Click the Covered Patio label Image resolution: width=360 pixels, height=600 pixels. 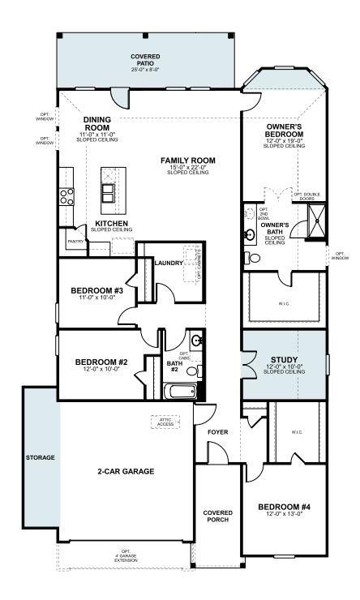[145, 58]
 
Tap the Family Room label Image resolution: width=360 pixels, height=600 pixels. [186, 161]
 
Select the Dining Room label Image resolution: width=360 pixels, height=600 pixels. [96, 124]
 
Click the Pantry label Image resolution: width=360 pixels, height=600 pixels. [75, 241]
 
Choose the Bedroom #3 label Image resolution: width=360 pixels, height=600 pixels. [96, 290]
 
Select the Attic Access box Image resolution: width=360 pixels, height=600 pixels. [166, 422]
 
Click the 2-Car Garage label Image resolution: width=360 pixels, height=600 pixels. [126, 470]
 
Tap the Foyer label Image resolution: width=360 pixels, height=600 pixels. [217, 432]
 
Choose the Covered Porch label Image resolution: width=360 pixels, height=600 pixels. [217, 516]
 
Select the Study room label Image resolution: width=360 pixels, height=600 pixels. [284, 359]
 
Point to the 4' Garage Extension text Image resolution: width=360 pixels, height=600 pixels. [126, 557]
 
